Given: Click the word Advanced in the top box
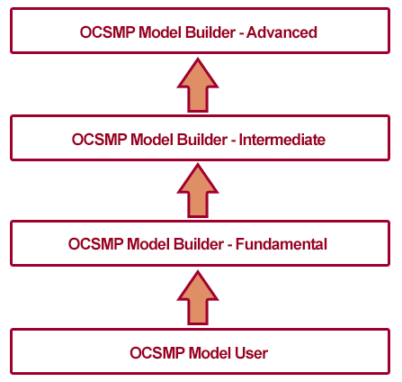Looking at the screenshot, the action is [281, 32].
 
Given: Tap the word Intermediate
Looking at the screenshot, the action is [282, 140].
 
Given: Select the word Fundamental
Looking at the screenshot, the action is [281, 244].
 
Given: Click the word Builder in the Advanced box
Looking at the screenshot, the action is [210, 32].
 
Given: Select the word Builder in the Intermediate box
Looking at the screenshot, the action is [202, 140].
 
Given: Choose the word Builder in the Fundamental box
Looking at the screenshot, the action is [199, 244].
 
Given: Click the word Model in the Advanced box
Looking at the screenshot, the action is [160, 32].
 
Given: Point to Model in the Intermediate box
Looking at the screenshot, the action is [152, 140].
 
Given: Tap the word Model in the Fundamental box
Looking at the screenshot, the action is [148, 244].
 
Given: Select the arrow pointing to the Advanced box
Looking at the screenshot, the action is [198, 86].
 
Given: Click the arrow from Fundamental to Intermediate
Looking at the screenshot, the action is [198, 191].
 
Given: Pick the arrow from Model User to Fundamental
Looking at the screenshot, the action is [198, 298].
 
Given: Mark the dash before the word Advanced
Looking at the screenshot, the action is [241, 34].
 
